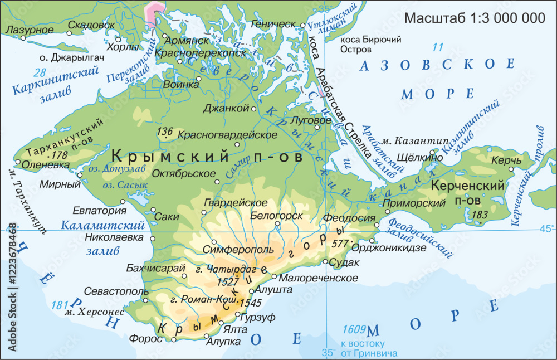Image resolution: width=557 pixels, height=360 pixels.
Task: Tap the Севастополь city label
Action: tap(116, 291)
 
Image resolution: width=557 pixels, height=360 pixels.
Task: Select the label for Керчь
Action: tap(505, 160)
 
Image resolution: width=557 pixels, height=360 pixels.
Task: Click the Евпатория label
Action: tap(99, 211)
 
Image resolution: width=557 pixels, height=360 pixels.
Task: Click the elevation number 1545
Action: tap(249, 303)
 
